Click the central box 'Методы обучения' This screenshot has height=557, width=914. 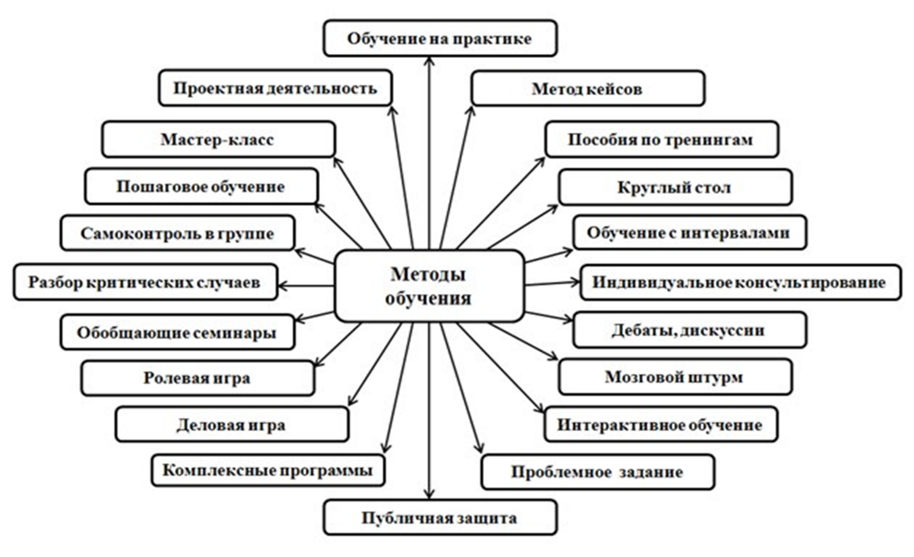(x=429, y=286)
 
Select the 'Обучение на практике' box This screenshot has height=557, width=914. (x=440, y=38)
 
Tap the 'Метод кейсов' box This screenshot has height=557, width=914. (x=587, y=89)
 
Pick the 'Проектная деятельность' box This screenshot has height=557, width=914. (x=275, y=89)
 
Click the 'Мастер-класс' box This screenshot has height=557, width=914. (x=218, y=139)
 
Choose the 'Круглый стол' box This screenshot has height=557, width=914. (x=675, y=187)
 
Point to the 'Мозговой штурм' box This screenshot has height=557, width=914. (x=675, y=377)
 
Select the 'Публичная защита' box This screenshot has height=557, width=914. (x=440, y=519)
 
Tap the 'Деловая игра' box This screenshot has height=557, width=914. (x=231, y=424)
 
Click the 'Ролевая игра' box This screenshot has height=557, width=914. (x=197, y=378)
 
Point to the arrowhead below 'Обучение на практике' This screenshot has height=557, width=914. (x=430, y=61)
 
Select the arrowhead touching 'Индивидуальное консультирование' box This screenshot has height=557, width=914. (x=575, y=282)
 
